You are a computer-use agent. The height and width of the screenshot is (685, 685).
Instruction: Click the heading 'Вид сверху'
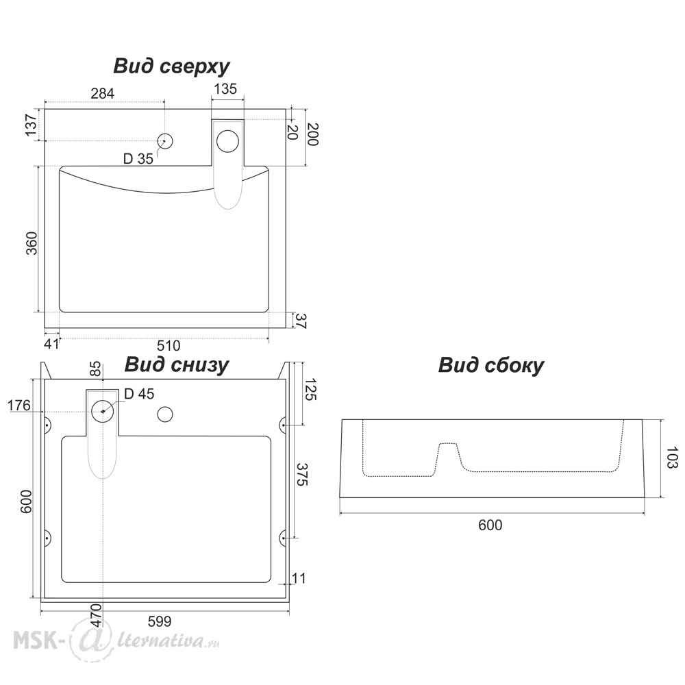[x=171, y=66]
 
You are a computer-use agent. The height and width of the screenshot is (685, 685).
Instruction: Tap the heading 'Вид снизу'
[x=176, y=364]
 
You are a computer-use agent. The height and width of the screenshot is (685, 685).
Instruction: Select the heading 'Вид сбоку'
[x=490, y=365]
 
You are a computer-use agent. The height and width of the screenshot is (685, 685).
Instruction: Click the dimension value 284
[x=102, y=93]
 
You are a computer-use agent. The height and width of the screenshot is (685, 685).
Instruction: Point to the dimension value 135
[x=225, y=88]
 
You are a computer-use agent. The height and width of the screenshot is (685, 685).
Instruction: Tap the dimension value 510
[x=169, y=345]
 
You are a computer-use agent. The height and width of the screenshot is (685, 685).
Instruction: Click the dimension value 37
[x=301, y=320]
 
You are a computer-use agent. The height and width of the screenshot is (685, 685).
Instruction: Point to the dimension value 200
[x=312, y=134]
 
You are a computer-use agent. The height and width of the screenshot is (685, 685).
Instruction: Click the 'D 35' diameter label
[x=138, y=159]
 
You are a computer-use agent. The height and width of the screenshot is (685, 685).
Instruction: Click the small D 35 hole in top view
[x=165, y=142]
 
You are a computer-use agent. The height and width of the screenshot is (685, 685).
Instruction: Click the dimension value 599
[x=160, y=621]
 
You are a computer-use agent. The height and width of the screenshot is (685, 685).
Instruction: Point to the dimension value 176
[x=19, y=406]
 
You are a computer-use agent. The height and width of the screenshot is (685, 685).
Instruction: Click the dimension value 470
[x=97, y=615]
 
